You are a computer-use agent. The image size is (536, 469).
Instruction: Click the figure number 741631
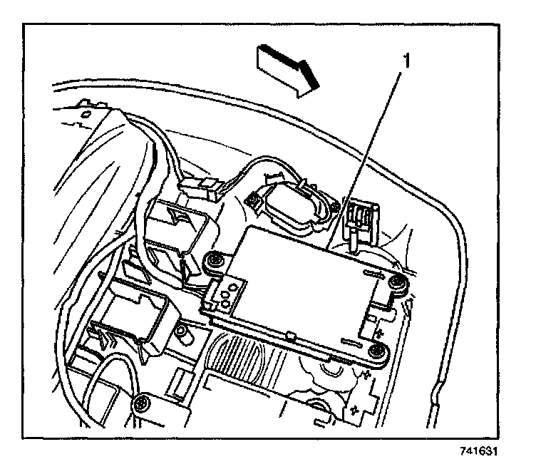479,451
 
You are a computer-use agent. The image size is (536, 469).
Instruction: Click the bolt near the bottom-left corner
143,403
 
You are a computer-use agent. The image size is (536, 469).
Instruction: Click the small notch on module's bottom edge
290,333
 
